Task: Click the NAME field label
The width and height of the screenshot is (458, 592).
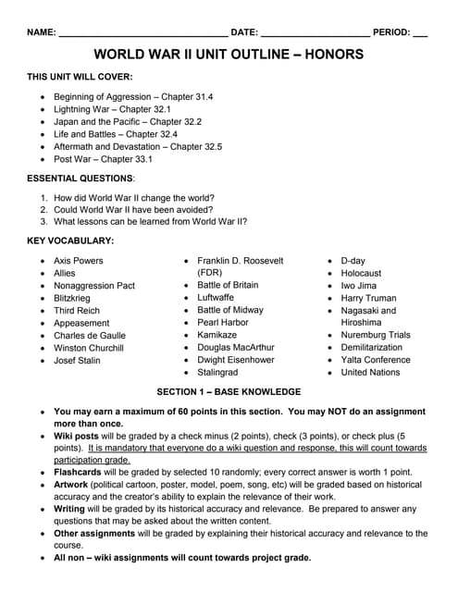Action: tap(42, 32)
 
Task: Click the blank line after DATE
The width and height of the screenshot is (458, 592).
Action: tap(315, 33)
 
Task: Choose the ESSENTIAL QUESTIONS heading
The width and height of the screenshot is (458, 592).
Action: tap(80, 178)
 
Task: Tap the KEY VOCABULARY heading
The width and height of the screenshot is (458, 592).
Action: tap(70, 240)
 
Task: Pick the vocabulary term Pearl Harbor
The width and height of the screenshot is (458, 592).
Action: tap(223, 323)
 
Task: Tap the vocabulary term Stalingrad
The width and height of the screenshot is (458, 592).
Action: tap(218, 372)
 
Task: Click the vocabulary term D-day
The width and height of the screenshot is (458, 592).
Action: tap(353, 261)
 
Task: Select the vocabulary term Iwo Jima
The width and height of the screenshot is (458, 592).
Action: tap(359, 286)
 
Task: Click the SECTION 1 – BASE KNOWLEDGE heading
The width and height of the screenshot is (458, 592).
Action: tap(229, 391)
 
